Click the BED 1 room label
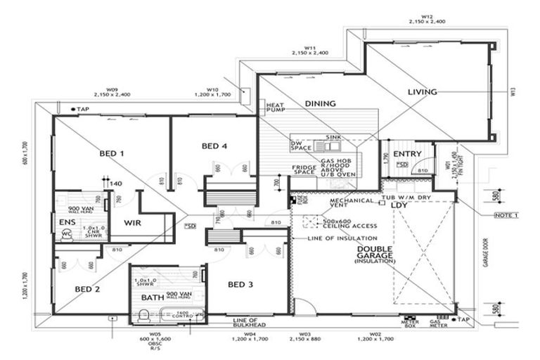(112, 153)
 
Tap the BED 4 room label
(214, 146)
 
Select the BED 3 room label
(240, 284)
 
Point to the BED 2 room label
(87, 289)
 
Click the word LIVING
(423, 91)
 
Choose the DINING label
(320, 103)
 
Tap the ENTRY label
(406, 154)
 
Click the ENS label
(67, 222)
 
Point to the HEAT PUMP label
(274, 108)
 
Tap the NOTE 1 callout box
(506, 214)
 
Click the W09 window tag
(112, 89)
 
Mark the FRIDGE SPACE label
(305, 169)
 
